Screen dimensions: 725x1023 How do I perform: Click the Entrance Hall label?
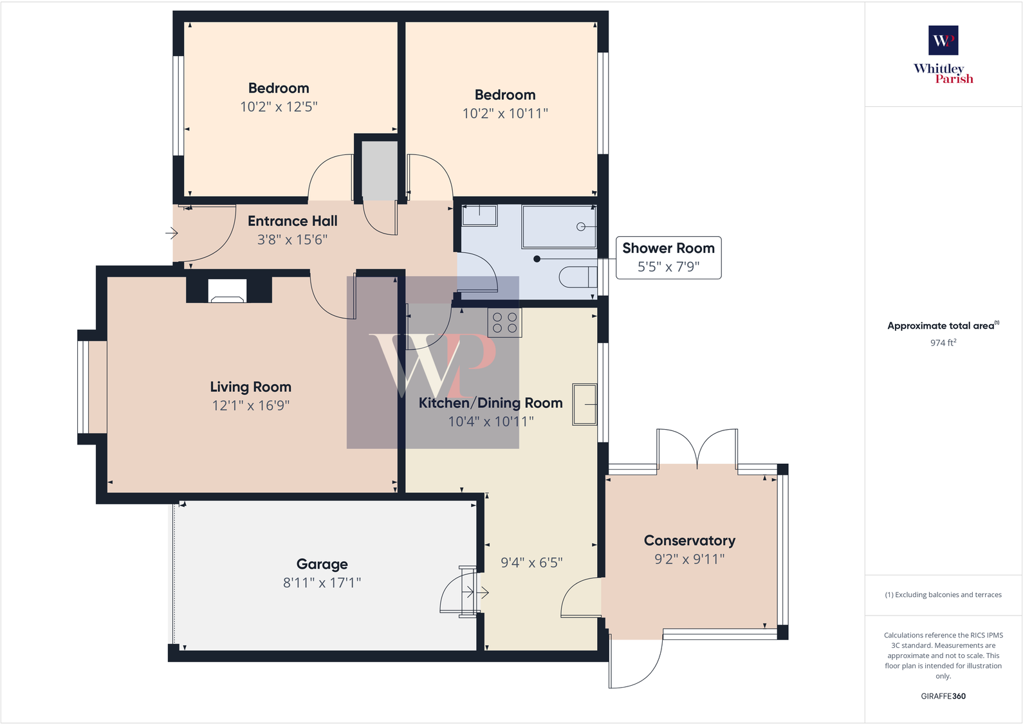(292, 221)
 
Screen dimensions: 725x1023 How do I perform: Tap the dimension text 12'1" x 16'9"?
(251, 405)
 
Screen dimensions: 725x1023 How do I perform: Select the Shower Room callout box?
(668, 257)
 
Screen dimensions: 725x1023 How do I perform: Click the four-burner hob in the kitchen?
(505, 323)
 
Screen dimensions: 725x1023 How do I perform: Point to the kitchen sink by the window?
(585, 404)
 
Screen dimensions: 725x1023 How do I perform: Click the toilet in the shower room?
(577, 277)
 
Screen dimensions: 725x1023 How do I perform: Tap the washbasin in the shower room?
(479, 215)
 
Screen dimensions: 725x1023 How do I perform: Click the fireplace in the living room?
(228, 291)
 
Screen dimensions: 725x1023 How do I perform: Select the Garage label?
(322, 564)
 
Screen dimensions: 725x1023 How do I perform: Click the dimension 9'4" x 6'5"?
(531, 563)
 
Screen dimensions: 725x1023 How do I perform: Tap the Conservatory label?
(689, 541)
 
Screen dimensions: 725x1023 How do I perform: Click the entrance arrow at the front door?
(172, 233)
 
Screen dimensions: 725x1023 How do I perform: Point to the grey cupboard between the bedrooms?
(380, 170)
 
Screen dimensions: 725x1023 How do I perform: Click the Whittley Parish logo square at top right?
(943, 41)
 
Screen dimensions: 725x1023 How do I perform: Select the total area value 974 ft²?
(943, 343)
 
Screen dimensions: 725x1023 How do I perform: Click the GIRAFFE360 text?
(943, 696)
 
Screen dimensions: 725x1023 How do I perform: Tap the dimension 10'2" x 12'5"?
(279, 107)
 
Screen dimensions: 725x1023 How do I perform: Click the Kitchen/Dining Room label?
(490, 403)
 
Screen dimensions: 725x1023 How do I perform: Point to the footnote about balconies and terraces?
(943, 595)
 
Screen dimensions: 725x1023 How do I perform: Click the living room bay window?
(84, 387)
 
